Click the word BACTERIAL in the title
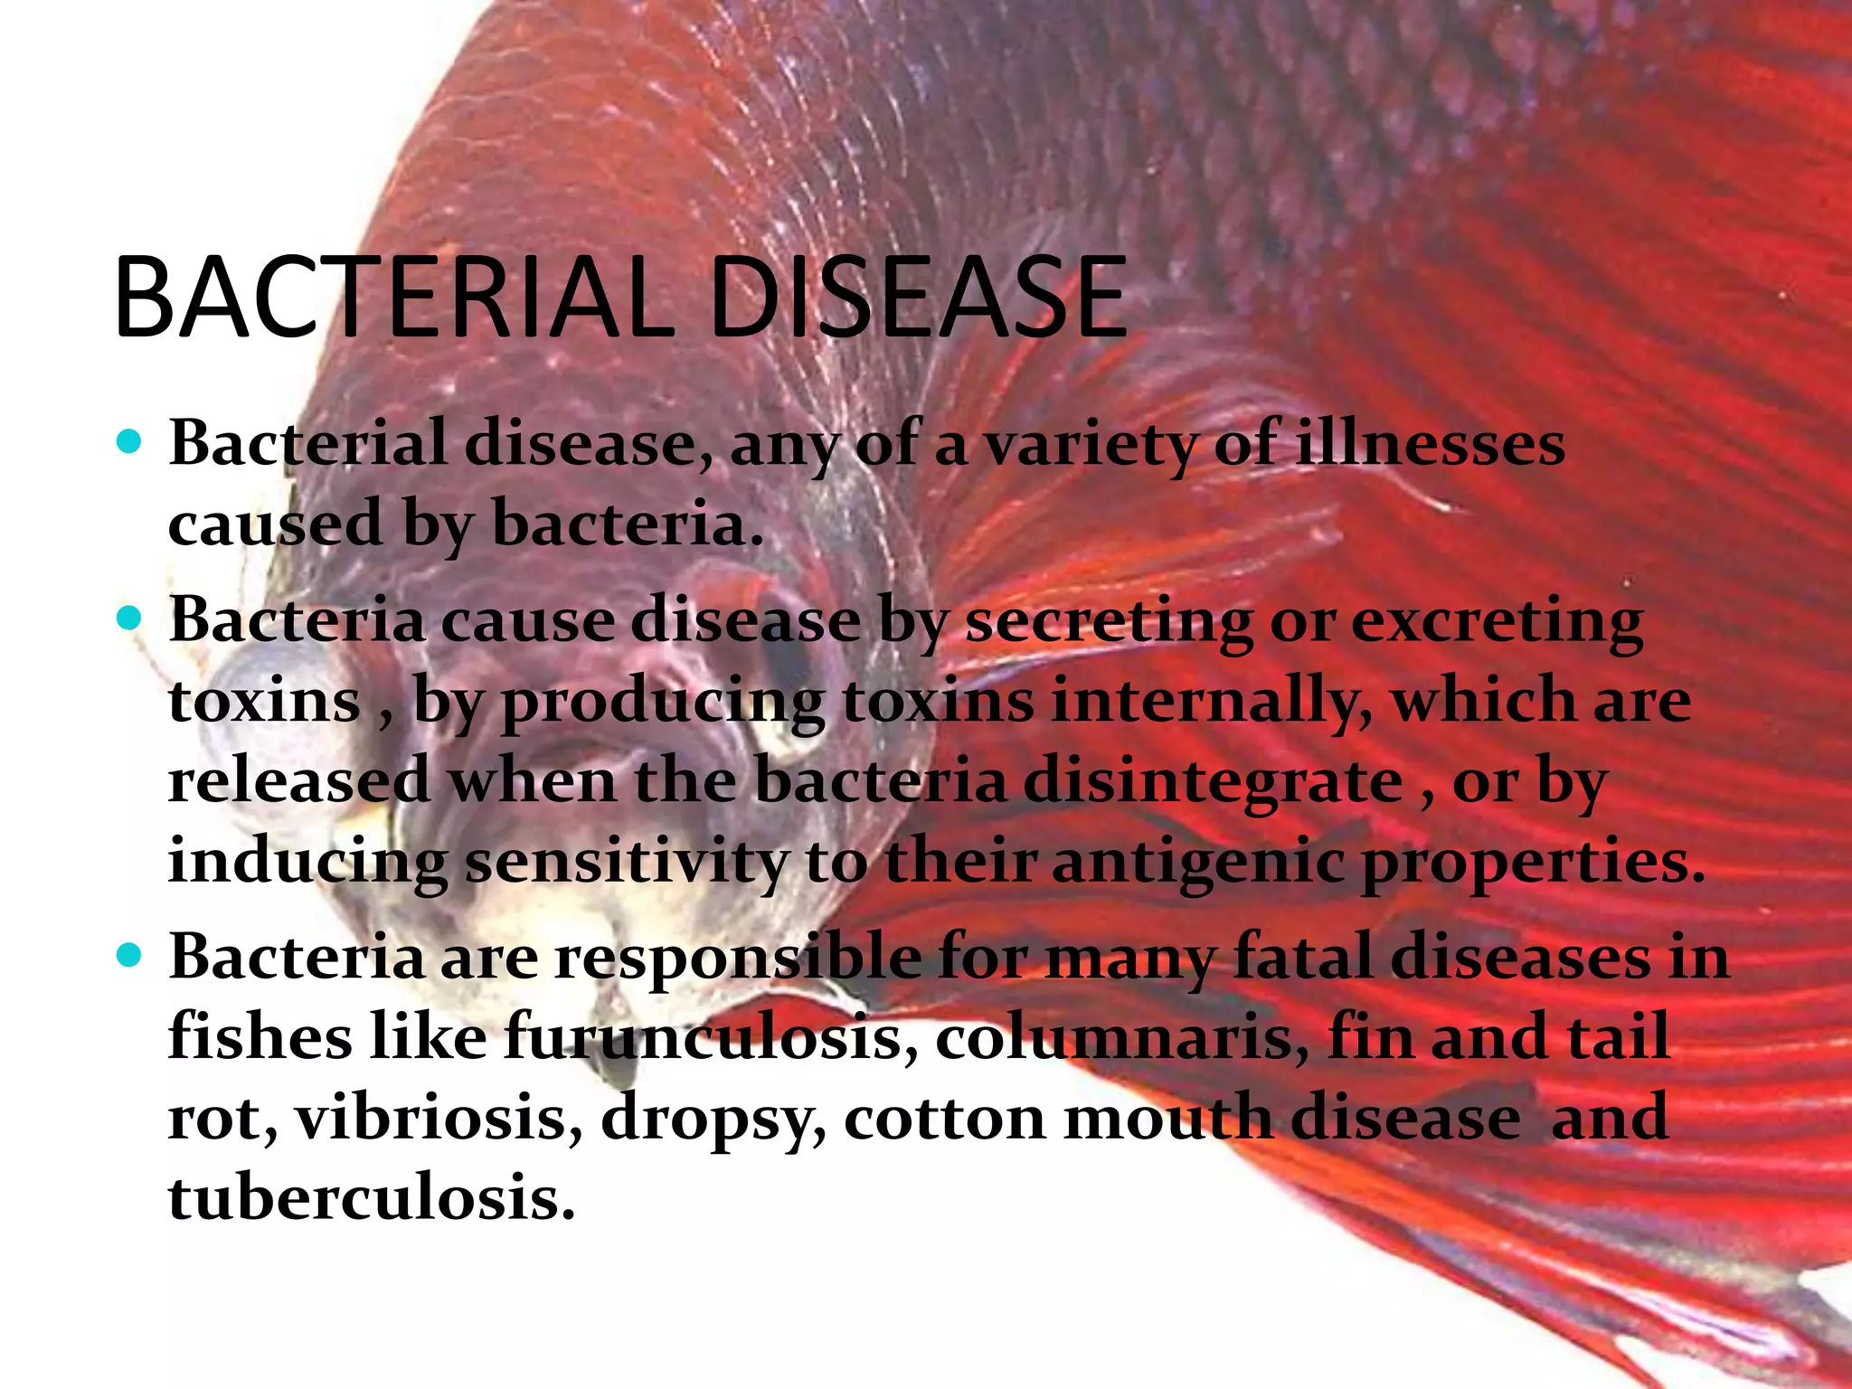click(393, 298)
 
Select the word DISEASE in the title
click(918, 298)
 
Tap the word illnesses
click(1430, 444)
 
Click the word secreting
click(1109, 622)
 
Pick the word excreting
click(1497, 622)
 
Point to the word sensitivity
click(626, 862)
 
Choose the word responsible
click(738, 957)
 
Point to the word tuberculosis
click(372, 1197)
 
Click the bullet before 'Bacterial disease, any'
click(130, 442)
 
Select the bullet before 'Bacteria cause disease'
click(130, 619)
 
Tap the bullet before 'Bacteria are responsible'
click(130, 955)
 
